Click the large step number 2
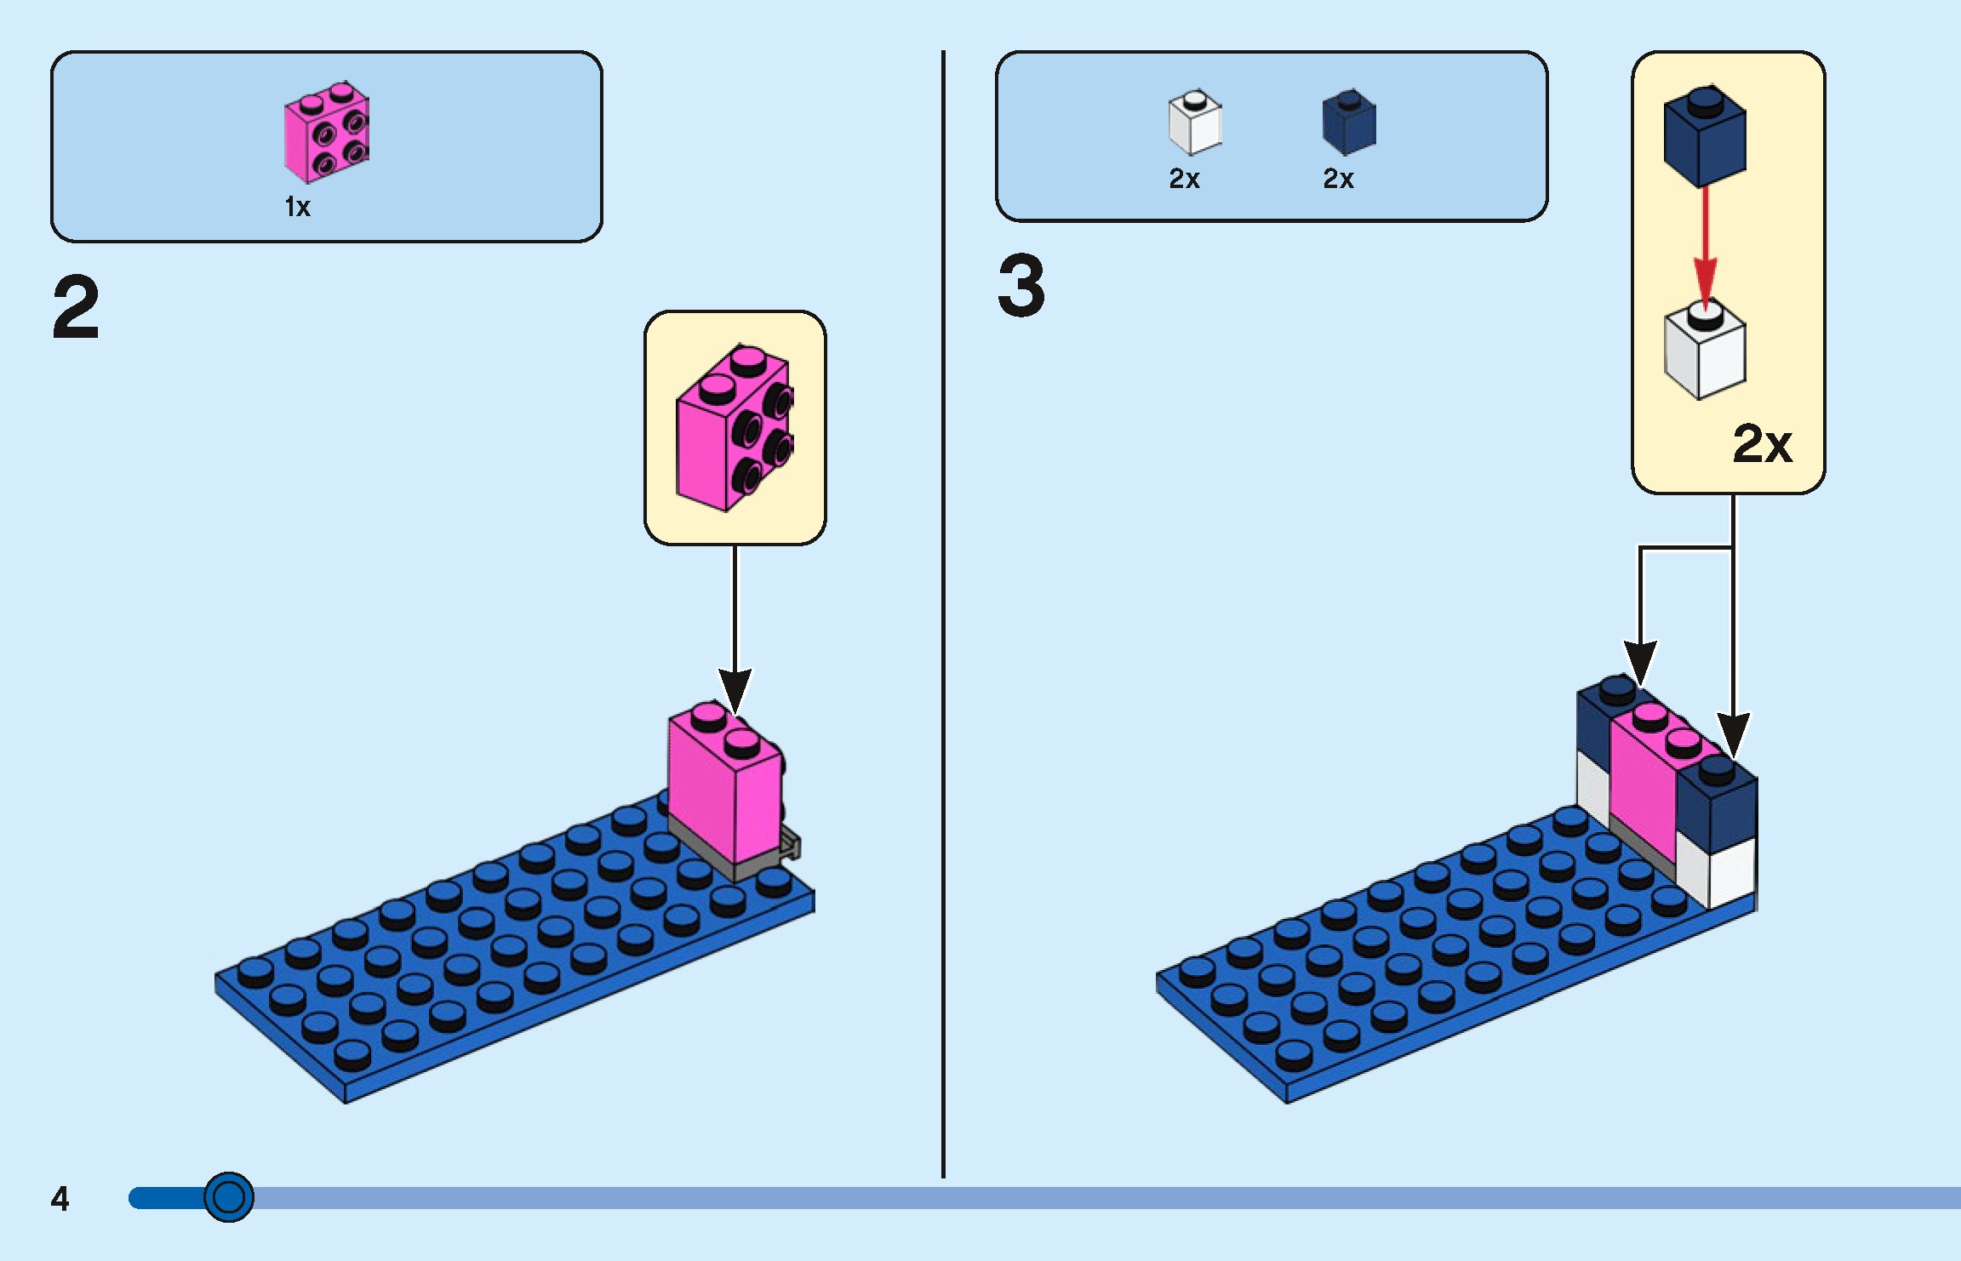point(76,307)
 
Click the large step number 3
point(1021,286)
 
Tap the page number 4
point(60,1198)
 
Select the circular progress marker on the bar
point(228,1197)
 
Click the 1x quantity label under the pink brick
point(297,207)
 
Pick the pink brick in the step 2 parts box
point(326,133)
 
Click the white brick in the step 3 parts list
point(1194,123)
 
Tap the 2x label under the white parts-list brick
point(1184,179)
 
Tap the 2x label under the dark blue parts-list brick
point(1338,179)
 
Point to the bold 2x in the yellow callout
point(1762,443)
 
